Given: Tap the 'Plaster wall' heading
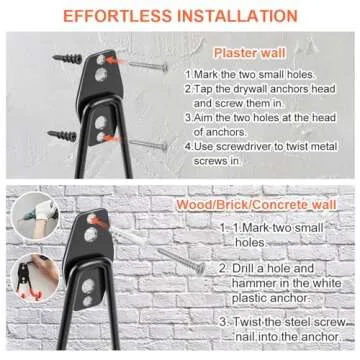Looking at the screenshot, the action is point(250,53).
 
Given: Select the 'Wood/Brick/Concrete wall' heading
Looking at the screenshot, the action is point(256,204).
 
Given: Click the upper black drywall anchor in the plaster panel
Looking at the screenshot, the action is point(67,59).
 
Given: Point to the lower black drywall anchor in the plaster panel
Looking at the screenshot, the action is point(62,135).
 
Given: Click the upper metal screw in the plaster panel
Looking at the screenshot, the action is point(148,65).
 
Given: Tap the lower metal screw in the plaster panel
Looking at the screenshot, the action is point(148,144).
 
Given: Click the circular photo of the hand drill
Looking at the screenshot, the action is point(35,216).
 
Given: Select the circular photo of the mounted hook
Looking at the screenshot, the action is point(35,277).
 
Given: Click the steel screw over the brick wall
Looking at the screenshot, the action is point(181,261).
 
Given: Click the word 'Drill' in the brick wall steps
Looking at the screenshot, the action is point(244,268).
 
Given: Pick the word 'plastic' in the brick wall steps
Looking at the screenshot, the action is point(250,298).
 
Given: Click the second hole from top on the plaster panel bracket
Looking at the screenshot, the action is point(101,75).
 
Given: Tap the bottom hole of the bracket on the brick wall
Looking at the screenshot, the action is point(87,301).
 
